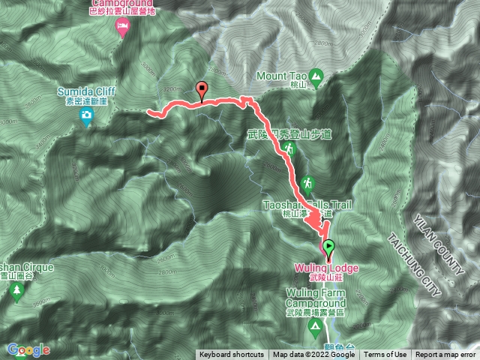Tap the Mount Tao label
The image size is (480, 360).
pos(282,76)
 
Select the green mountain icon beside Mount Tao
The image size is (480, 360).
pos(316,76)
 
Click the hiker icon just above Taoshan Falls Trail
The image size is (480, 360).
pos(307,184)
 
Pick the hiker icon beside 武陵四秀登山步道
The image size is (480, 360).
pos(289,150)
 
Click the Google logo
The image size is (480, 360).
pos(28,349)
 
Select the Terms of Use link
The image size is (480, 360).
pos(385,355)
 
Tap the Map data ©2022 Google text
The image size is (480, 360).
pos(313,355)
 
